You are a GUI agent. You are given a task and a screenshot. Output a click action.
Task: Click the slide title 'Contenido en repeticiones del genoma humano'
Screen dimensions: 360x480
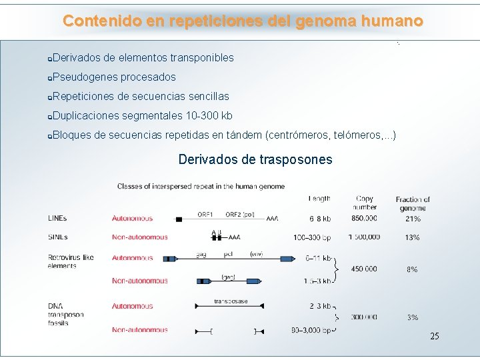click(x=243, y=21)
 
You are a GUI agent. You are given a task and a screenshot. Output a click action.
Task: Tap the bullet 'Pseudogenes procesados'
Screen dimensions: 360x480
click(x=113, y=77)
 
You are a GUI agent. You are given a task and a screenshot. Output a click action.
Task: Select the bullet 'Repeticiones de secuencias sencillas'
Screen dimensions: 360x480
click(x=140, y=96)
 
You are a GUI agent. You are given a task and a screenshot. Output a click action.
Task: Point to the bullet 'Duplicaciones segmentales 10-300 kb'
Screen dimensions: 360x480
click(x=142, y=115)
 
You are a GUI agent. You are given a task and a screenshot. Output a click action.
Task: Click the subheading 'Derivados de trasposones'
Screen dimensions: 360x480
click(x=255, y=159)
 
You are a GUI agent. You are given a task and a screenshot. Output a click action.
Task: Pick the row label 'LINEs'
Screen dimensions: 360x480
click(x=57, y=218)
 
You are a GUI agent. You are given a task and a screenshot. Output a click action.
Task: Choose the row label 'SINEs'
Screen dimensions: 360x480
click(x=57, y=237)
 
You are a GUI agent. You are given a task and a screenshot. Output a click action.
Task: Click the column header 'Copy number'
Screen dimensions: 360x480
click(x=365, y=203)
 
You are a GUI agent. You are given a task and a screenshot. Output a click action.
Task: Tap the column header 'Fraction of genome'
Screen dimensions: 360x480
click(x=413, y=203)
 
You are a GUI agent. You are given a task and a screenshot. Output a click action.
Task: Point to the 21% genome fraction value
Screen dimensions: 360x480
click(x=413, y=218)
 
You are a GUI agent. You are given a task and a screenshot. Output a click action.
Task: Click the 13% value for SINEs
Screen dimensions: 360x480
click(x=413, y=237)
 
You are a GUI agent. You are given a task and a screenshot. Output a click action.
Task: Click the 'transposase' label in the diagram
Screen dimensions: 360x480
click(x=231, y=301)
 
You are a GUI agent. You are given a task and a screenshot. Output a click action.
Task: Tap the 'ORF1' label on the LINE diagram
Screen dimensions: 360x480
click(x=205, y=215)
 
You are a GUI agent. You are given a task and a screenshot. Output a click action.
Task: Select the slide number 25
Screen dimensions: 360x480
click(x=435, y=336)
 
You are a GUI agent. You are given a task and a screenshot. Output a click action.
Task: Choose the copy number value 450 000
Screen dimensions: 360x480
click(x=363, y=269)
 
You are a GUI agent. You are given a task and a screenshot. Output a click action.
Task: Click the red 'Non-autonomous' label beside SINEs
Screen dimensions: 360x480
click(x=140, y=237)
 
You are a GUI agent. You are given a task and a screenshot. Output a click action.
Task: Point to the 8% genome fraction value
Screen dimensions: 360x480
click(x=413, y=269)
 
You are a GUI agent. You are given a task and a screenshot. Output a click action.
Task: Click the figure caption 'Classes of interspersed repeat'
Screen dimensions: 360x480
click(x=201, y=186)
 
